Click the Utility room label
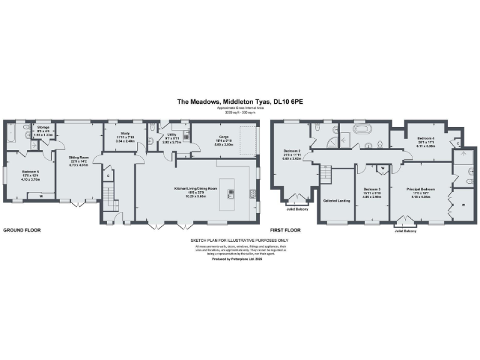click(172, 136)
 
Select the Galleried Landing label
click(335, 201)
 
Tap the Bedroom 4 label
click(426, 139)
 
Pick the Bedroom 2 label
click(292, 153)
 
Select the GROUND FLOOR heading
click(22, 230)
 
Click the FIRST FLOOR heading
click(286, 230)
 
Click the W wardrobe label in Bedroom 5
click(41, 196)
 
